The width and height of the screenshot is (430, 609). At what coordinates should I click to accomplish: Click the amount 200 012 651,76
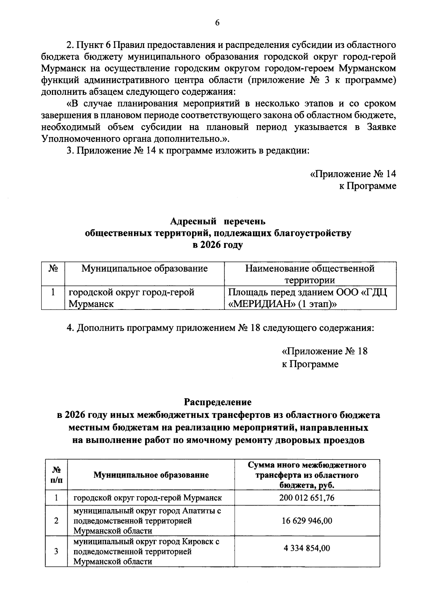[307, 497]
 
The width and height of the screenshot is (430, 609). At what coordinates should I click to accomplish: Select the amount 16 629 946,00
[307, 521]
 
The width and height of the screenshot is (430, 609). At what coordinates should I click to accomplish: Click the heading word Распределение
[218, 402]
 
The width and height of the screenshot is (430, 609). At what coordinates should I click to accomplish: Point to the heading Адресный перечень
[218, 221]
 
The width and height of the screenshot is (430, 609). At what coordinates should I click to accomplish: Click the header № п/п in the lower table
[56, 475]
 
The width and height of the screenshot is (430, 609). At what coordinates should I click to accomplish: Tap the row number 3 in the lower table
[56, 551]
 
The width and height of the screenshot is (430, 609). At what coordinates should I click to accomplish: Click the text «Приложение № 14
[353, 174]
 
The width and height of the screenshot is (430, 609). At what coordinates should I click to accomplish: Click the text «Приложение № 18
[325, 351]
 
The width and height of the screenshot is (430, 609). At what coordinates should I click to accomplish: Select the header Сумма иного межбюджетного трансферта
[307, 475]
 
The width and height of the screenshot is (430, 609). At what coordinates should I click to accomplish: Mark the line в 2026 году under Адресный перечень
[218, 245]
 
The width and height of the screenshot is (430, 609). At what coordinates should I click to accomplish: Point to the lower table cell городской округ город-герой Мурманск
[148, 497]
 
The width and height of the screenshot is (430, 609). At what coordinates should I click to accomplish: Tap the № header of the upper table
[53, 268]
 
